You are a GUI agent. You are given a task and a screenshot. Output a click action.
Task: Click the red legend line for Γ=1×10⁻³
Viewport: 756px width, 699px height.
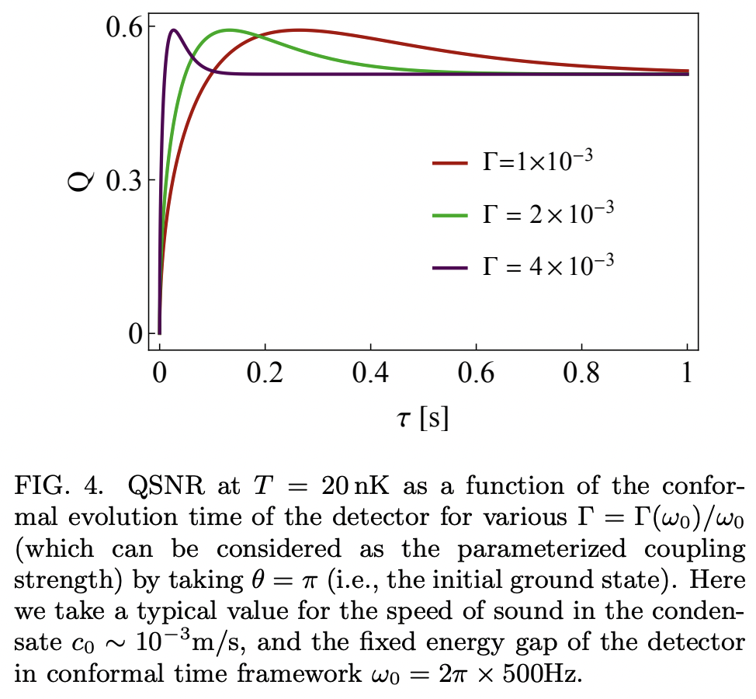point(450,163)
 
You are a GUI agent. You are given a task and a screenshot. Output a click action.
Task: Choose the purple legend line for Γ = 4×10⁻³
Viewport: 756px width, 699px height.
point(450,266)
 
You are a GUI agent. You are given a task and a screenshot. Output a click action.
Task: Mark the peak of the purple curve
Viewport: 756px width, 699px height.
point(174,30)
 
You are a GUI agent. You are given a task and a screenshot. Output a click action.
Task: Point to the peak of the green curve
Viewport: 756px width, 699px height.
point(231,30)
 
